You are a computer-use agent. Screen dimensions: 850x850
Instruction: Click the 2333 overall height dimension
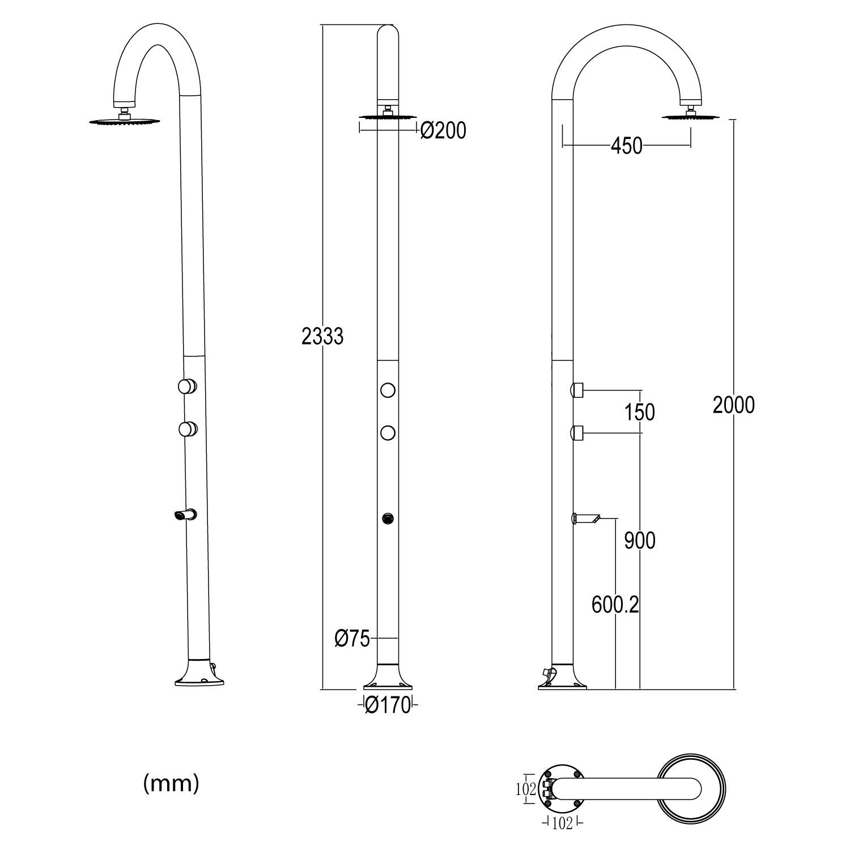point(322,337)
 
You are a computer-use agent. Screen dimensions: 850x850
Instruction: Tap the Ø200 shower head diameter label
point(443,131)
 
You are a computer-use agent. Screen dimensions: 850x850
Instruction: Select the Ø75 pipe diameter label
point(352,639)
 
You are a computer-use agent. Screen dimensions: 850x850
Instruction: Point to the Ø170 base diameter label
point(388,705)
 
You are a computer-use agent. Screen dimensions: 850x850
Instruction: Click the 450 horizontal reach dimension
point(626,146)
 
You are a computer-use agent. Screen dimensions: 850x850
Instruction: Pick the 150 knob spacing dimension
point(640,412)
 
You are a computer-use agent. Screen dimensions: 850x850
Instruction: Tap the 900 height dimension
point(640,541)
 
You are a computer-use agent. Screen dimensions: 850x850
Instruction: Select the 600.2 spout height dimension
point(615,605)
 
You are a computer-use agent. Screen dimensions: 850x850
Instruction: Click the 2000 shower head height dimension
point(734,405)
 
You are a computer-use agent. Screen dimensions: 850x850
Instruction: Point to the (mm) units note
point(171,784)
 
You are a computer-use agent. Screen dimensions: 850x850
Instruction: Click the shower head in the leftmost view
point(124,121)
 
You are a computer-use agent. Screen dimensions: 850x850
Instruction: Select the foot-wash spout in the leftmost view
point(185,515)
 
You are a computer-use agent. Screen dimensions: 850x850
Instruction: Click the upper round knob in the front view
point(388,390)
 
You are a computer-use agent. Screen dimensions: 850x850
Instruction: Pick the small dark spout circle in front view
point(388,518)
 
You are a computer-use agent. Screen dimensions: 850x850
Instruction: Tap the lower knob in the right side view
point(577,433)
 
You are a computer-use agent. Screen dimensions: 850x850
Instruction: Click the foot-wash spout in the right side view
point(586,517)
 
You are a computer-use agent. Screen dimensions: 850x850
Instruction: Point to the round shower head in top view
point(691,789)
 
